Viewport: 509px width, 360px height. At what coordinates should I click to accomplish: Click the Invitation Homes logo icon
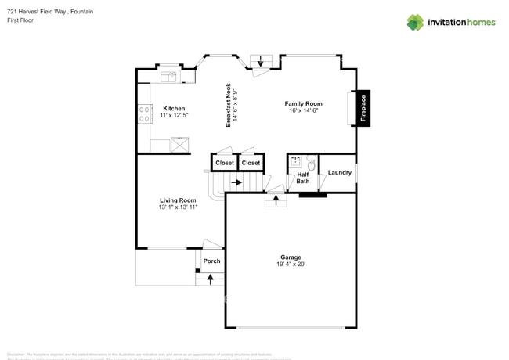(x=415, y=22)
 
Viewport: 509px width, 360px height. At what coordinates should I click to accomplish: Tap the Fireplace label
(x=363, y=108)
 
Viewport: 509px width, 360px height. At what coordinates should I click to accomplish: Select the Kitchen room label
(x=174, y=108)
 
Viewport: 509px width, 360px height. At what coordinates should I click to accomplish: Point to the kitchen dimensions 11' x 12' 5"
(x=174, y=115)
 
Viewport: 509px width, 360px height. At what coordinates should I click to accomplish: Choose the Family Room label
(x=303, y=103)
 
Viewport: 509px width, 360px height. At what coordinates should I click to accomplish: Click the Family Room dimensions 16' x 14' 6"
(x=303, y=110)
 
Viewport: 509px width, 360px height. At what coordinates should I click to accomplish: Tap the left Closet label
(x=225, y=163)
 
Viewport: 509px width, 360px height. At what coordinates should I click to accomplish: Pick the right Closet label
(x=251, y=163)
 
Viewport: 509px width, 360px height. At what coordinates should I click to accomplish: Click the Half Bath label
(x=303, y=178)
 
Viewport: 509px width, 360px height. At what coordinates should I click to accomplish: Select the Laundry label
(x=339, y=172)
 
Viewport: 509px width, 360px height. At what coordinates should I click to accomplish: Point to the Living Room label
(x=178, y=200)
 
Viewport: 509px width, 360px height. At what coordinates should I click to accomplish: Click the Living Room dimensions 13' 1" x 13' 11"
(x=178, y=207)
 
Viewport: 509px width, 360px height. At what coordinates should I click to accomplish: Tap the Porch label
(x=211, y=261)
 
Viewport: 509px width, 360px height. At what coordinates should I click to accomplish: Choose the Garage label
(x=291, y=257)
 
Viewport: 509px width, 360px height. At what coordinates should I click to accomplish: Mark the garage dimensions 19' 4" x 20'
(x=291, y=265)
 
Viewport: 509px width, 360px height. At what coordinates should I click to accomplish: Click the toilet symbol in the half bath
(x=311, y=164)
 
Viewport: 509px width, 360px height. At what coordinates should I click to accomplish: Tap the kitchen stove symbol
(x=144, y=114)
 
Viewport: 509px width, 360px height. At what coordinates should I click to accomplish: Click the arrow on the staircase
(x=236, y=182)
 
